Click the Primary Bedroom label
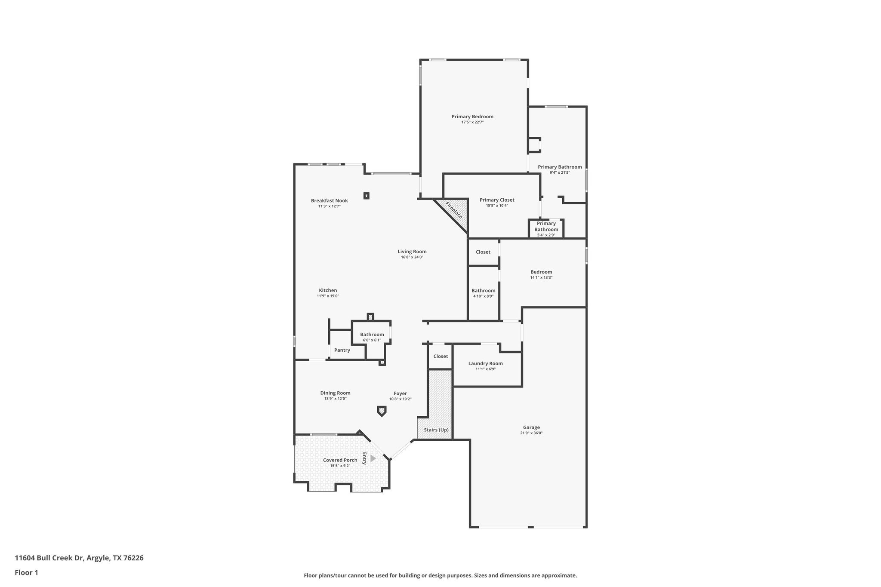pyautogui.click(x=472, y=117)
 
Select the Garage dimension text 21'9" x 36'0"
pyautogui.click(x=531, y=433)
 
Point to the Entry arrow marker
pyautogui.click(x=373, y=458)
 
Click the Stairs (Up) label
pyautogui.click(x=436, y=430)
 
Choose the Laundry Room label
pyautogui.click(x=485, y=363)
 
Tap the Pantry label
pyautogui.click(x=342, y=350)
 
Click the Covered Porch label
pyautogui.click(x=340, y=460)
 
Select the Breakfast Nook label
pyautogui.click(x=330, y=201)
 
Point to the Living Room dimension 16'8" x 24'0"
pyautogui.click(x=412, y=257)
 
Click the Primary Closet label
pyautogui.click(x=497, y=200)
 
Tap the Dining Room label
pyautogui.click(x=335, y=393)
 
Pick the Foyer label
pyautogui.click(x=400, y=393)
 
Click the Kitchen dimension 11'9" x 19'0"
pyautogui.click(x=328, y=296)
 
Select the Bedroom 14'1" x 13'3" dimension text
pyautogui.click(x=541, y=277)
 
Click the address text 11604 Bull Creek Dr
pyautogui.click(x=49, y=558)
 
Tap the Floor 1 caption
pyautogui.click(x=26, y=572)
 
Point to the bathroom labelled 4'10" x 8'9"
pyautogui.click(x=483, y=291)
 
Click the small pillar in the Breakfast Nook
pyautogui.click(x=367, y=196)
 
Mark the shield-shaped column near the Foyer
pyautogui.click(x=382, y=411)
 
